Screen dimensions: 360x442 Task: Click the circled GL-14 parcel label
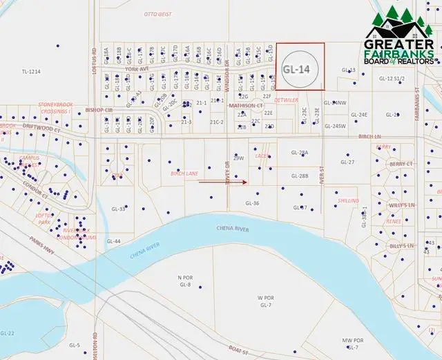click(x=296, y=69)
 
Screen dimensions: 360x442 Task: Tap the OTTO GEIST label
click(x=157, y=14)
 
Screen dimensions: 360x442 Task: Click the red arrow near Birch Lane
click(x=223, y=182)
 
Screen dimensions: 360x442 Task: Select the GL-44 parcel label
click(x=114, y=241)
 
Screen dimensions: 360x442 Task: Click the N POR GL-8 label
click(x=184, y=281)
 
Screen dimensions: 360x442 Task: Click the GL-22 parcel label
click(x=8, y=334)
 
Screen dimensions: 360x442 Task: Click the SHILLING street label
click(x=348, y=200)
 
